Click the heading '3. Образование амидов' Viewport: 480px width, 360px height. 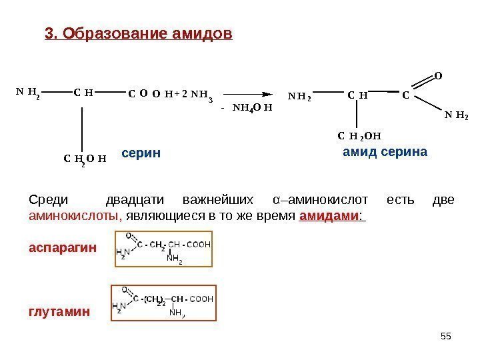138,33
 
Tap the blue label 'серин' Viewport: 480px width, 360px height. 141,153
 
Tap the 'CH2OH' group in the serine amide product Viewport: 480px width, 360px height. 359,138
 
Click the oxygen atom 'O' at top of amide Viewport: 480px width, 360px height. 438,76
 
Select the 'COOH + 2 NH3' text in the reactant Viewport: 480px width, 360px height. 169,95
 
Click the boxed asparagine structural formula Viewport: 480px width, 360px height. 164,249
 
